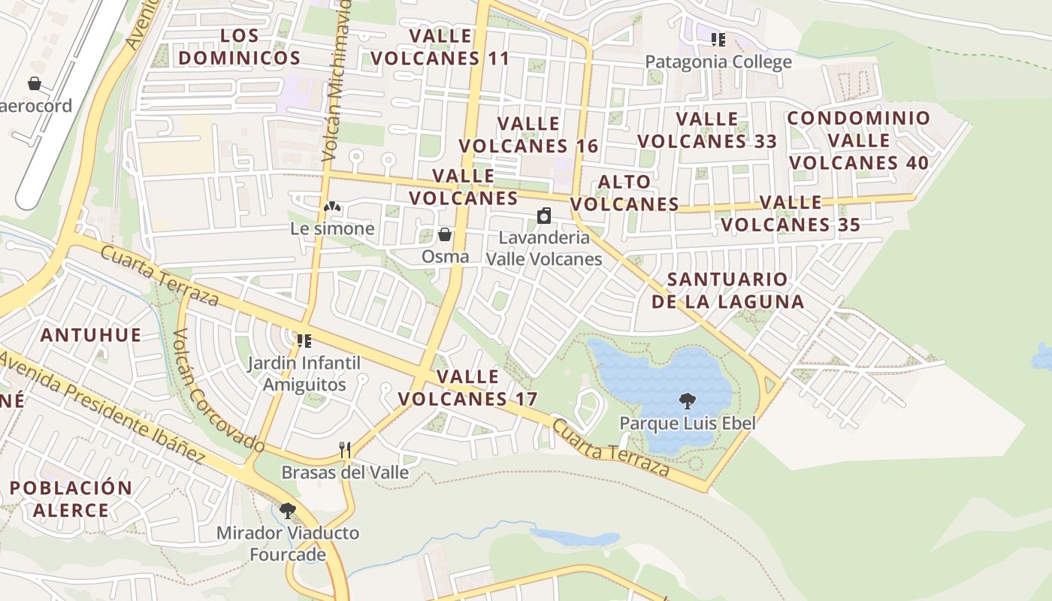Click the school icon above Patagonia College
tap(718, 39)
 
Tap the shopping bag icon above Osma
tap(445, 235)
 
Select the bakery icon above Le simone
tap(332, 206)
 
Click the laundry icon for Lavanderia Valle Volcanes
tap(544, 216)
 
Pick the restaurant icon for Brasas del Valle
tap(345, 450)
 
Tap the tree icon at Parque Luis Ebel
tap(687, 401)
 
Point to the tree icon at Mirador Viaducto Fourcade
tap(287, 511)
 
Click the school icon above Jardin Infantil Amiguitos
tap(304, 341)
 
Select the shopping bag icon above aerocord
tap(35, 83)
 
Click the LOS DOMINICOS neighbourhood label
tap(240, 47)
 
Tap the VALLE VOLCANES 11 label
tap(440, 47)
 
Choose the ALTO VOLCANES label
tap(624, 193)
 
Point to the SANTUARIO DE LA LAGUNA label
tap(727, 291)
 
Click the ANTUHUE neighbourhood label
tap(91, 335)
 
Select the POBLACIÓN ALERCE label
tap(71, 499)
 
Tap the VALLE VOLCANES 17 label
tap(468, 388)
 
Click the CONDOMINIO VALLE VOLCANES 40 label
tap(859, 140)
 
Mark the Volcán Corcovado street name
tap(219, 391)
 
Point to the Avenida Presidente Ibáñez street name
tap(101, 406)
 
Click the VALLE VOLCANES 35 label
tap(791, 213)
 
